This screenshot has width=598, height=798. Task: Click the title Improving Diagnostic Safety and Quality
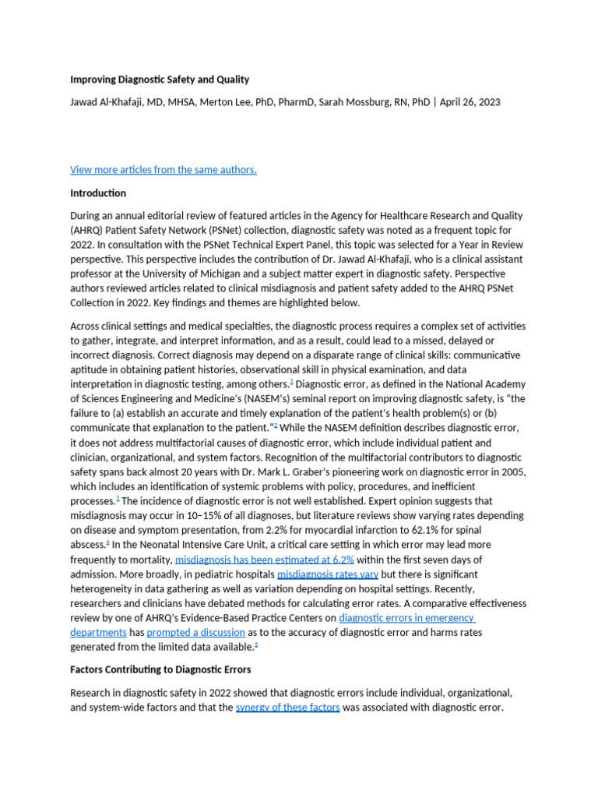point(160,79)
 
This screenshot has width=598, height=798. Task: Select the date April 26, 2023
point(470,101)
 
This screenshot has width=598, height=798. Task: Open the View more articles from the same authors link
point(163,170)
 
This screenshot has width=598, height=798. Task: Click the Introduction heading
point(98,193)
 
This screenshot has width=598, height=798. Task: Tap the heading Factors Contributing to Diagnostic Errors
point(160,669)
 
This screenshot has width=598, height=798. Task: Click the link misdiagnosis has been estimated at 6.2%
point(265,560)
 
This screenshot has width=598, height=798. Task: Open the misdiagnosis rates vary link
point(328,574)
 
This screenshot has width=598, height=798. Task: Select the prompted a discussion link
point(195,632)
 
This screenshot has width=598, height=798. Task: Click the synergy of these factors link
point(287,708)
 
